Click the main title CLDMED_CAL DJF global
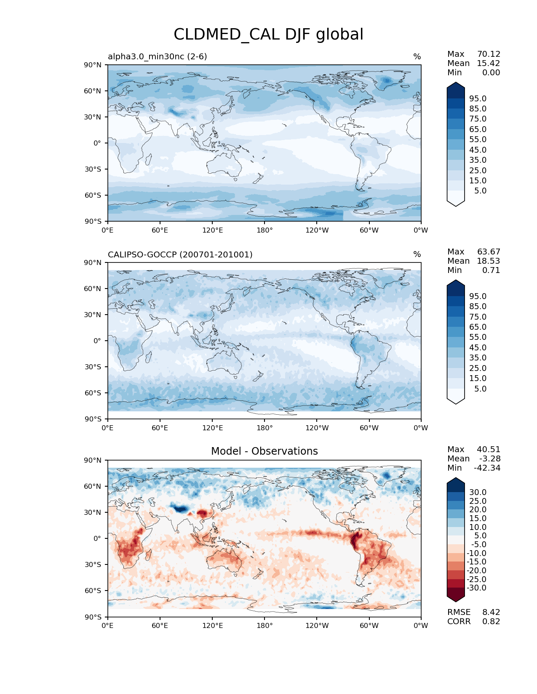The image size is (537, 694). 268,34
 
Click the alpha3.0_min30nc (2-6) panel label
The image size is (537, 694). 157,56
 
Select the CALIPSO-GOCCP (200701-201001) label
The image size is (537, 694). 180,254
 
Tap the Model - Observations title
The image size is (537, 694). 264,451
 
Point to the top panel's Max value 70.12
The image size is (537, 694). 489,54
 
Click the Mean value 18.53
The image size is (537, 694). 489,261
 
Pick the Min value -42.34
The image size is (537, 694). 487,468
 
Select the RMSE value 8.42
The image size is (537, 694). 491,612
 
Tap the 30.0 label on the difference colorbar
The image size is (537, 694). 478,492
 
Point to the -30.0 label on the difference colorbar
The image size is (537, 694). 476,588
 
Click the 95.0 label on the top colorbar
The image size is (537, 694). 478,98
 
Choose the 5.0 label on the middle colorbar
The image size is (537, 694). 480,389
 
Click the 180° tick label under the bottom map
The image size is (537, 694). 264,625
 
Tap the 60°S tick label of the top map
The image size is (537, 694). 93,195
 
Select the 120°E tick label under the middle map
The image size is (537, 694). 212,428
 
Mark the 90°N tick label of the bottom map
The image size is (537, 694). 93,460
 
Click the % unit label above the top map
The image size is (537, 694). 417,56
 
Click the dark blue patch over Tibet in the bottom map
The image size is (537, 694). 181,509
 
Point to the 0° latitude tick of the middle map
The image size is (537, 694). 97,341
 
